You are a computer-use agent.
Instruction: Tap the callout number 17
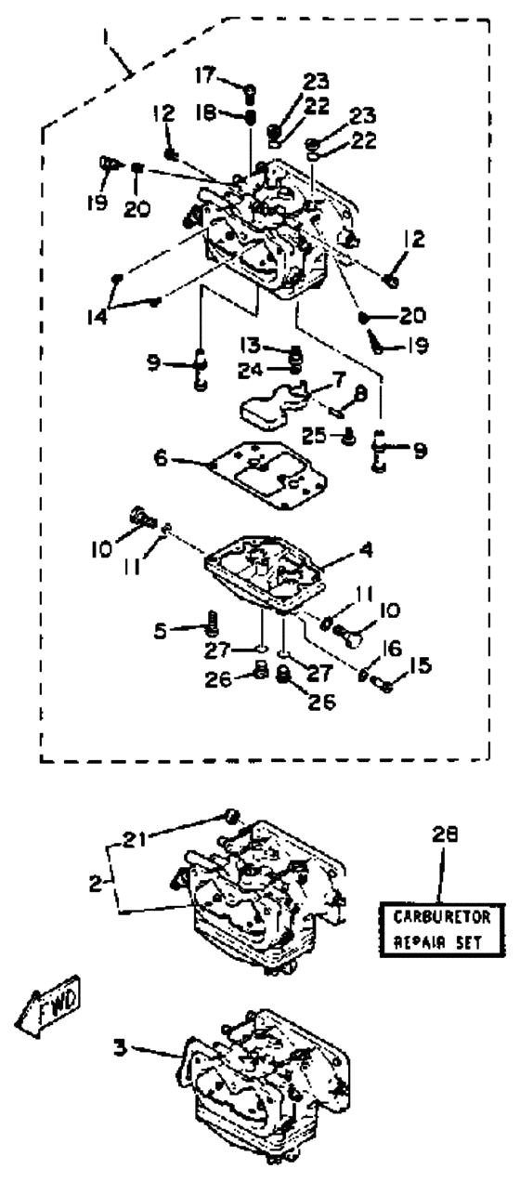click(204, 75)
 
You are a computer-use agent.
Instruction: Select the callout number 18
click(206, 113)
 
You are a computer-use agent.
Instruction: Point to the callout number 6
click(162, 457)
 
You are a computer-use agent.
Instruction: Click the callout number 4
click(366, 550)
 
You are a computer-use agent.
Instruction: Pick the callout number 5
click(161, 631)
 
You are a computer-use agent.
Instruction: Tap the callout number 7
click(338, 379)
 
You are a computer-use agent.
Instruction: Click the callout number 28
click(445, 834)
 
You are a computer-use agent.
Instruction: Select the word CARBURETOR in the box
click(441, 917)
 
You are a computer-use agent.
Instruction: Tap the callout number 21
click(134, 839)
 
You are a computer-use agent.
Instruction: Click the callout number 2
click(96, 884)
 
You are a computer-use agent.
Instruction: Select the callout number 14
click(97, 317)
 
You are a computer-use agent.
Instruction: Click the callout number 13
click(251, 346)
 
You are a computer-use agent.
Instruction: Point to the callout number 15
click(421, 666)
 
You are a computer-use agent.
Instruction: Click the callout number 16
click(391, 649)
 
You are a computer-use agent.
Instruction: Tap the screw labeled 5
click(213, 624)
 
